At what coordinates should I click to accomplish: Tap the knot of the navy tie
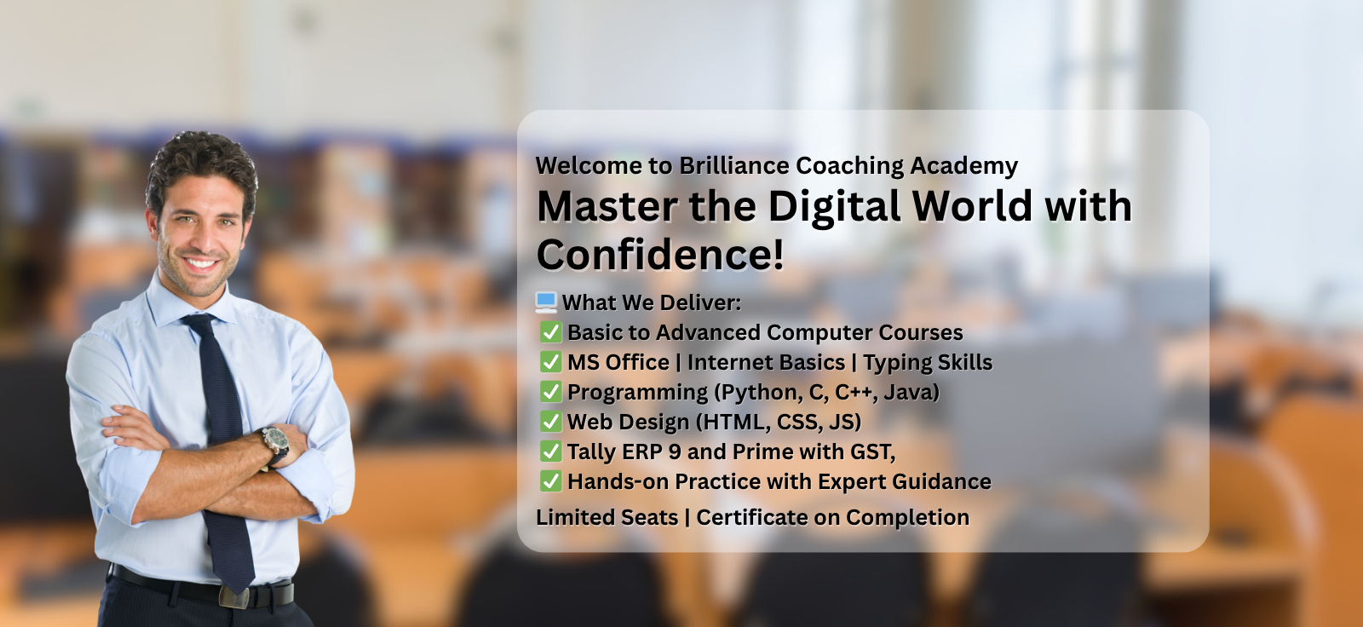pos(202,323)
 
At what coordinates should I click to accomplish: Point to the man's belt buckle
pos(234,597)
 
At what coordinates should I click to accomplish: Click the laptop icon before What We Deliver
pos(546,302)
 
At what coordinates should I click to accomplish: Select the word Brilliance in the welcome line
pos(733,165)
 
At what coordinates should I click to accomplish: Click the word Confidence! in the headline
pos(660,255)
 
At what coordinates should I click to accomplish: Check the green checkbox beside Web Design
pos(550,421)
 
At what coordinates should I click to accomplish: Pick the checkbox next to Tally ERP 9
pos(550,451)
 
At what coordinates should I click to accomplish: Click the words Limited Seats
pos(607,517)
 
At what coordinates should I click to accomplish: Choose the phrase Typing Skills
pos(928,363)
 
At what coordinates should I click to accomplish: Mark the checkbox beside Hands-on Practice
pos(550,481)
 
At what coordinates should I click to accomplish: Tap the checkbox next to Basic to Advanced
pos(550,331)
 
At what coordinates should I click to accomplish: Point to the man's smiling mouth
pos(201,263)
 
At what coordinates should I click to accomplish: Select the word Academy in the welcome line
pos(963,166)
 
